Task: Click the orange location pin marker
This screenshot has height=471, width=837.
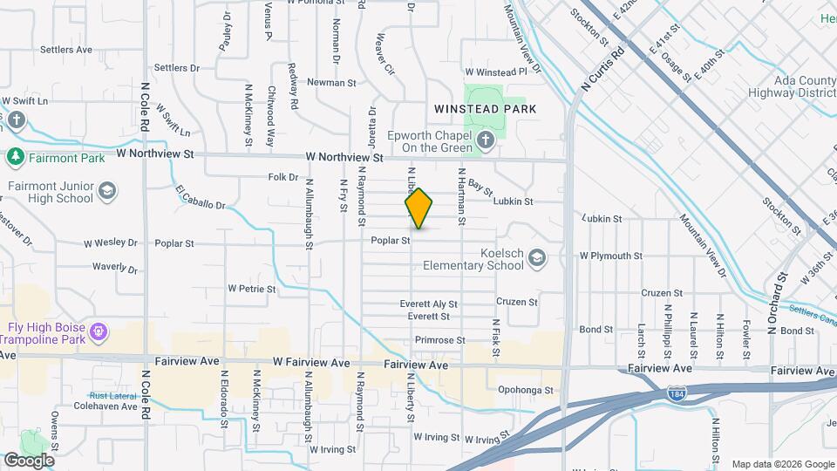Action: coord(418,208)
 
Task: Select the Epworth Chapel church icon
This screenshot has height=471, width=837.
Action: coord(487,140)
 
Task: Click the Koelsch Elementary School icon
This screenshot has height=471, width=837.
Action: coord(538,257)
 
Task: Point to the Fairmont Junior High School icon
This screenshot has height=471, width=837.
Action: coord(106,191)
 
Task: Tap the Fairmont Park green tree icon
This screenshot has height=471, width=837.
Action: coord(14,157)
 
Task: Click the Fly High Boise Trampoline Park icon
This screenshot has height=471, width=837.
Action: coord(99,331)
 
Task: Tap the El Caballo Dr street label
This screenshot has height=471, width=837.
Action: coord(200,198)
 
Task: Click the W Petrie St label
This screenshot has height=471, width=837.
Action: coord(251,288)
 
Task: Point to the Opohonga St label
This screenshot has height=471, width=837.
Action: coord(526,391)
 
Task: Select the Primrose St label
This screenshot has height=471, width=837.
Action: coord(440,340)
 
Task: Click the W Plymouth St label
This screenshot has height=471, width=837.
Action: coord(610,256)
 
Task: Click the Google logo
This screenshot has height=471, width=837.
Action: coord(29,460)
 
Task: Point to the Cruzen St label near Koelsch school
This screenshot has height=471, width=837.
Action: coord(517,302)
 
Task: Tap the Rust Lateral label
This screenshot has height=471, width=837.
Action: coord(109,395)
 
